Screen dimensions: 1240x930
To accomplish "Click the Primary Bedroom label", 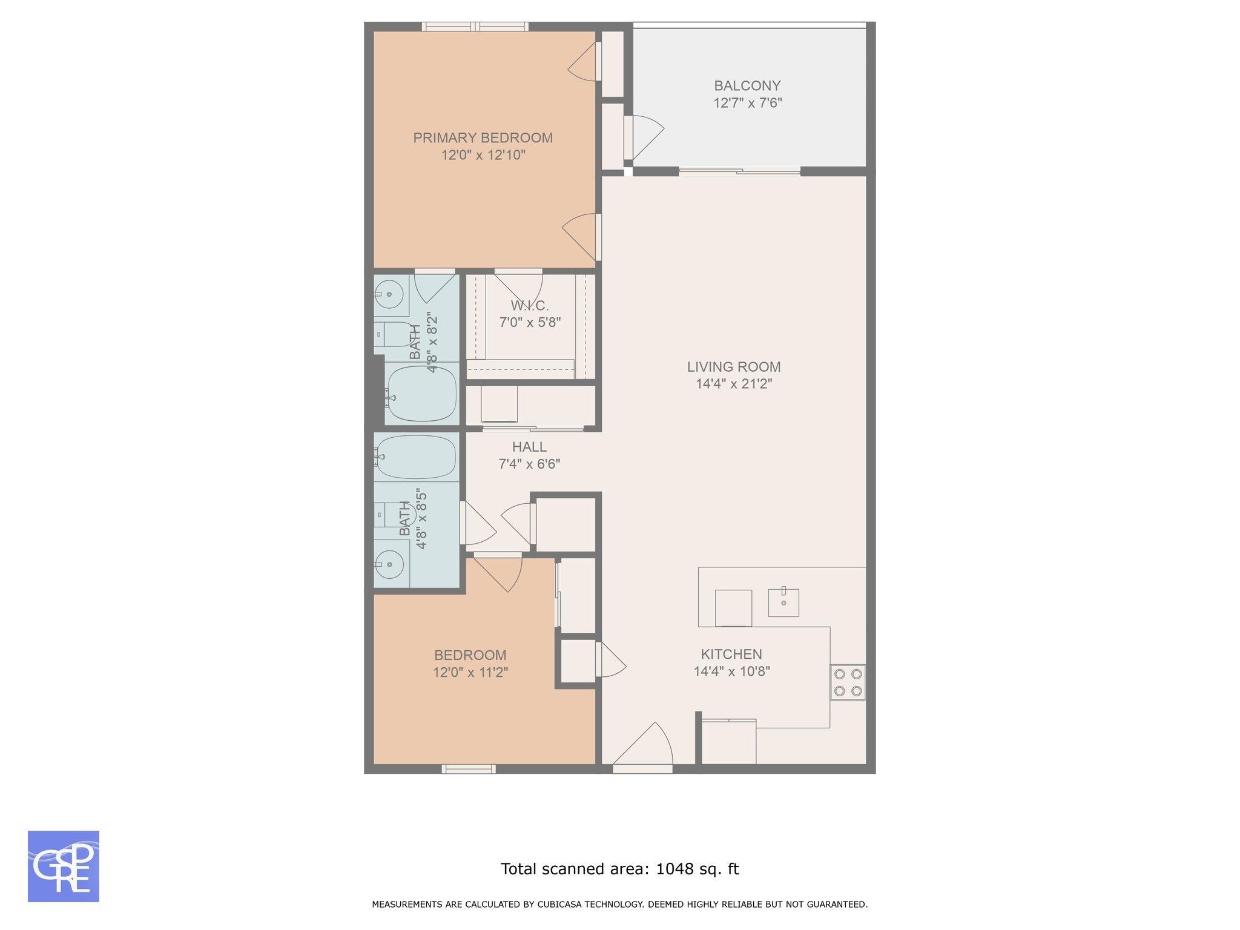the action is click(x=483, y=138).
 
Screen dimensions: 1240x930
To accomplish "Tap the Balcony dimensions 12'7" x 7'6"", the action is click(x=748, y=103).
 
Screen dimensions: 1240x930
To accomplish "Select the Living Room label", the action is click(x=734, y=367).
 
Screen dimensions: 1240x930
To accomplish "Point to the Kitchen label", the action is click(x=731, y=654).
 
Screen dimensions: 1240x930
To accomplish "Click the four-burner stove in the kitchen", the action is click(x=848, y=682).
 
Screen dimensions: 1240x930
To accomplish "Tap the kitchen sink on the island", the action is click(x=783, y=602).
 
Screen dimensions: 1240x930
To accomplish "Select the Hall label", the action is click(x=529, y=447).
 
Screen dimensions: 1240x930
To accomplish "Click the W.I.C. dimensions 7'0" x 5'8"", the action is click(x=530, y=322).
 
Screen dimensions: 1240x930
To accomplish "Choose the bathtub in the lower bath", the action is click(x=416, y=457).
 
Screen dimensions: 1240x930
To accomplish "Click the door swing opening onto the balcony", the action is click(x=646, y=135).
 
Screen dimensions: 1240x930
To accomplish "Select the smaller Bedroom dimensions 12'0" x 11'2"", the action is click(x=470, y=672).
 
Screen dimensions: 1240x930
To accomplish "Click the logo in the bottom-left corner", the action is click(x=64, y=866).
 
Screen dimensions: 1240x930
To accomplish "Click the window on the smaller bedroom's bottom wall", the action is click(x=469, y=769).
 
